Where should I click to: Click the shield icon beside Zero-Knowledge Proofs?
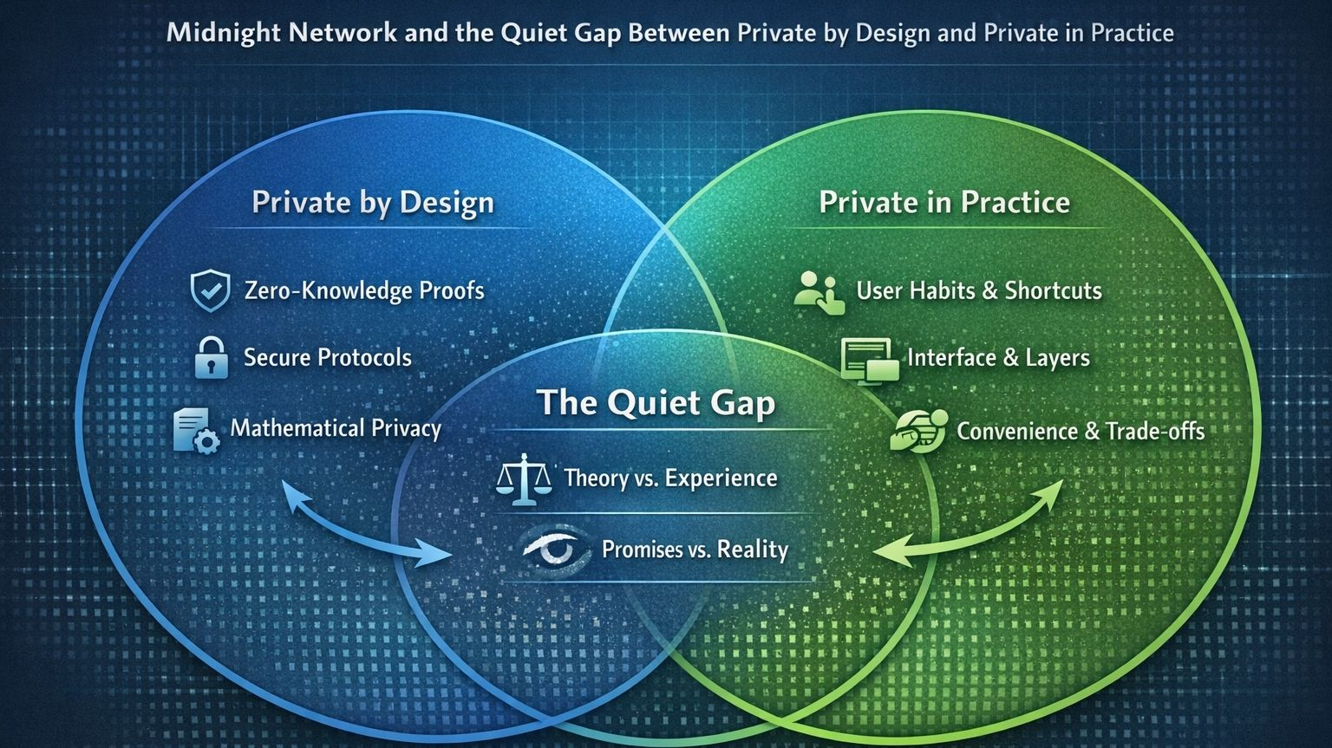point(210,289)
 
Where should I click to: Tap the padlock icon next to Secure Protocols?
point(210,357)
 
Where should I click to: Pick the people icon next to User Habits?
point(819,292)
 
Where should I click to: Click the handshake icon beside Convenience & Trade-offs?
point(918,431)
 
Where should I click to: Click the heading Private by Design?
point(373,203)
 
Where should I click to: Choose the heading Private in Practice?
point(944,203)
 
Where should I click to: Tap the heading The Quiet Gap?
point(656,403)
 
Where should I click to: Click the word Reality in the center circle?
point(753,550)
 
